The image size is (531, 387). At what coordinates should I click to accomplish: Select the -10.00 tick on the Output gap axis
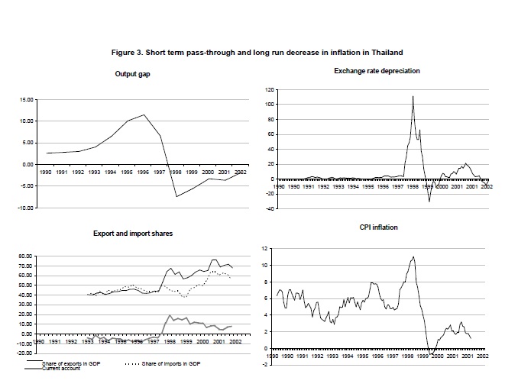tap(25, 208)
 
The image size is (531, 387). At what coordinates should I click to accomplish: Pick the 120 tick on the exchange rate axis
tap(269, 90)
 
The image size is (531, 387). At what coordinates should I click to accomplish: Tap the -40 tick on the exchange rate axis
tap(269, 208)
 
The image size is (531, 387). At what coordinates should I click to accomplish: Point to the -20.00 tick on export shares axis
tap(26, 353)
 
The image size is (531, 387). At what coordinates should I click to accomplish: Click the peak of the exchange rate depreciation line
tap(413, 96)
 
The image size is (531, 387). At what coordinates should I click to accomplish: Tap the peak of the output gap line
tap(144, 114)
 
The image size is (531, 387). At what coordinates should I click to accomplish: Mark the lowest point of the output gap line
tap(176, 197)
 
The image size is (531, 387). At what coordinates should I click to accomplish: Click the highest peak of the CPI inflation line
tap(413, 256)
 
